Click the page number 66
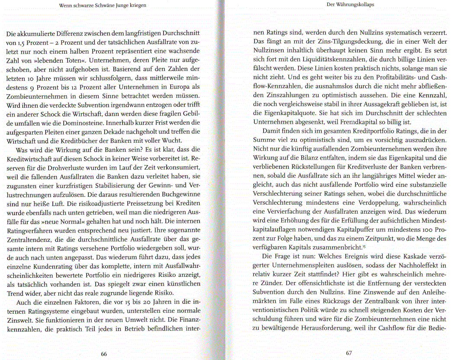click(104, 354)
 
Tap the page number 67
click(349, 353)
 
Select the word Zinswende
click(374, 292)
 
